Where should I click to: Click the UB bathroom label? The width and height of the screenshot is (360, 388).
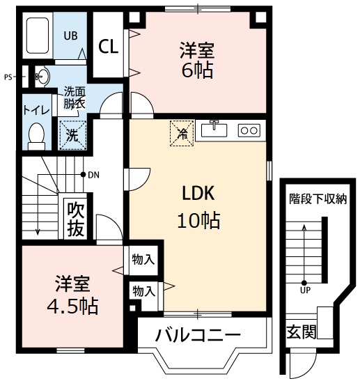(71, 35)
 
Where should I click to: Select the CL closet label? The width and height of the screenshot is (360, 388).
(108, 47)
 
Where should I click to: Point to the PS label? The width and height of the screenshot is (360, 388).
(8, 77)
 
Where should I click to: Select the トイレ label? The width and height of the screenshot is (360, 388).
(35, 109)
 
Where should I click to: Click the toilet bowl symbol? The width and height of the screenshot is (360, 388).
(36, 135)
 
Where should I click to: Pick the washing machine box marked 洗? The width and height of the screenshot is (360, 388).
(72, 134)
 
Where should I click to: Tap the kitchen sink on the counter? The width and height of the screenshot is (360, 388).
(214, 130)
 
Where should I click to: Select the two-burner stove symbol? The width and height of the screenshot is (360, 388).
(249, 130)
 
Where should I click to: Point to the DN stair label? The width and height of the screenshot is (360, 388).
(93, 174)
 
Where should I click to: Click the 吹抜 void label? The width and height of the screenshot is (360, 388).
(75, 219)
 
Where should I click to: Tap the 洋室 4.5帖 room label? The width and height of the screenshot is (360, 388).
(70, 295)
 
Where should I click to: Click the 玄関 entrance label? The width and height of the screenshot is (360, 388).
(300, 330)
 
